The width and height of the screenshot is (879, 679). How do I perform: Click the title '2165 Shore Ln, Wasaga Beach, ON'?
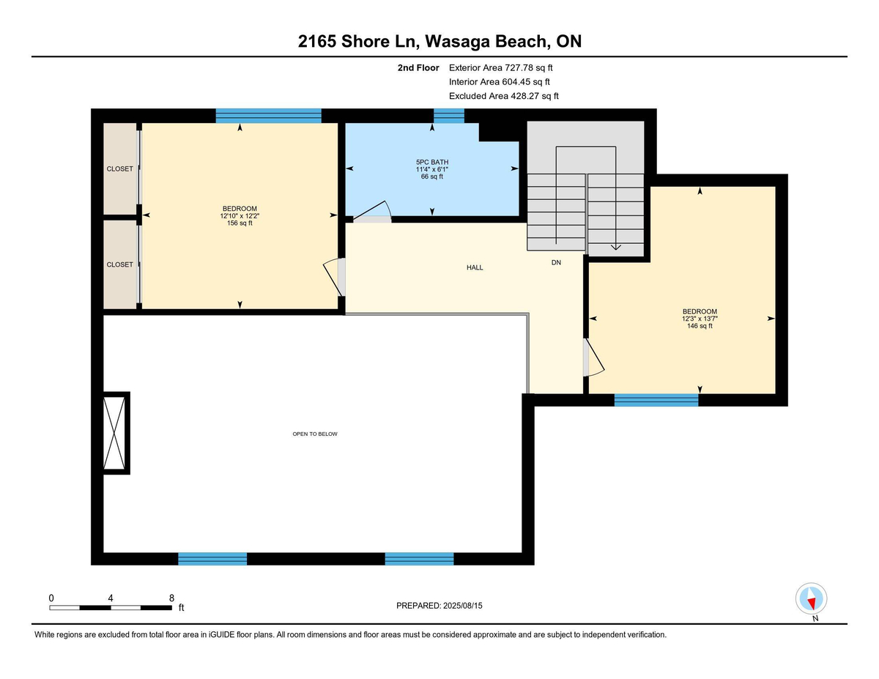(439, 41)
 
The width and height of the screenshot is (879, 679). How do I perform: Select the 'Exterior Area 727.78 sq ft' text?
(505, 67)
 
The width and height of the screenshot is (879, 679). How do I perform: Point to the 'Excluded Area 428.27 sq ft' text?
(504, 96)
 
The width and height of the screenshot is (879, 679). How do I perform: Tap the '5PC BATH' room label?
(432, 161)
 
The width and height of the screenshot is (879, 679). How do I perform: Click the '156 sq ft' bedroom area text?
(240, 223)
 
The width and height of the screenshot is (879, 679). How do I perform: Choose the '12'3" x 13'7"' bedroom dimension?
(700, 318)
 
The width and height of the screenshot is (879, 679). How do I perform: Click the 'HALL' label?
(475, 267)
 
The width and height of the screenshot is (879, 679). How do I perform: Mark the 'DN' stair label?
(556, 261)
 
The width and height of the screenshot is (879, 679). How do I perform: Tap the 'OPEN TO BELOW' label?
(315, 434)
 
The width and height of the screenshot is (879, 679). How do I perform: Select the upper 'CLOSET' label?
(120, 168)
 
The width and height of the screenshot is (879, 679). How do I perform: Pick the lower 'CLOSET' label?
(120, 264)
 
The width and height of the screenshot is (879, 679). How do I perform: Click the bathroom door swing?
(374, 212)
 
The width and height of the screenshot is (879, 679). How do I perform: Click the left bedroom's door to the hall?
(334, 276)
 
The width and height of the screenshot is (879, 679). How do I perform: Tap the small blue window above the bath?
(449, 115)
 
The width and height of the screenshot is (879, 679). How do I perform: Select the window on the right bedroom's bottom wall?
(656, 400)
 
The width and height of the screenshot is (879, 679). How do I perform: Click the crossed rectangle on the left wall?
(116, 432)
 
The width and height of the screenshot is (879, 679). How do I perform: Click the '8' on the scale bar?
(171, 598)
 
